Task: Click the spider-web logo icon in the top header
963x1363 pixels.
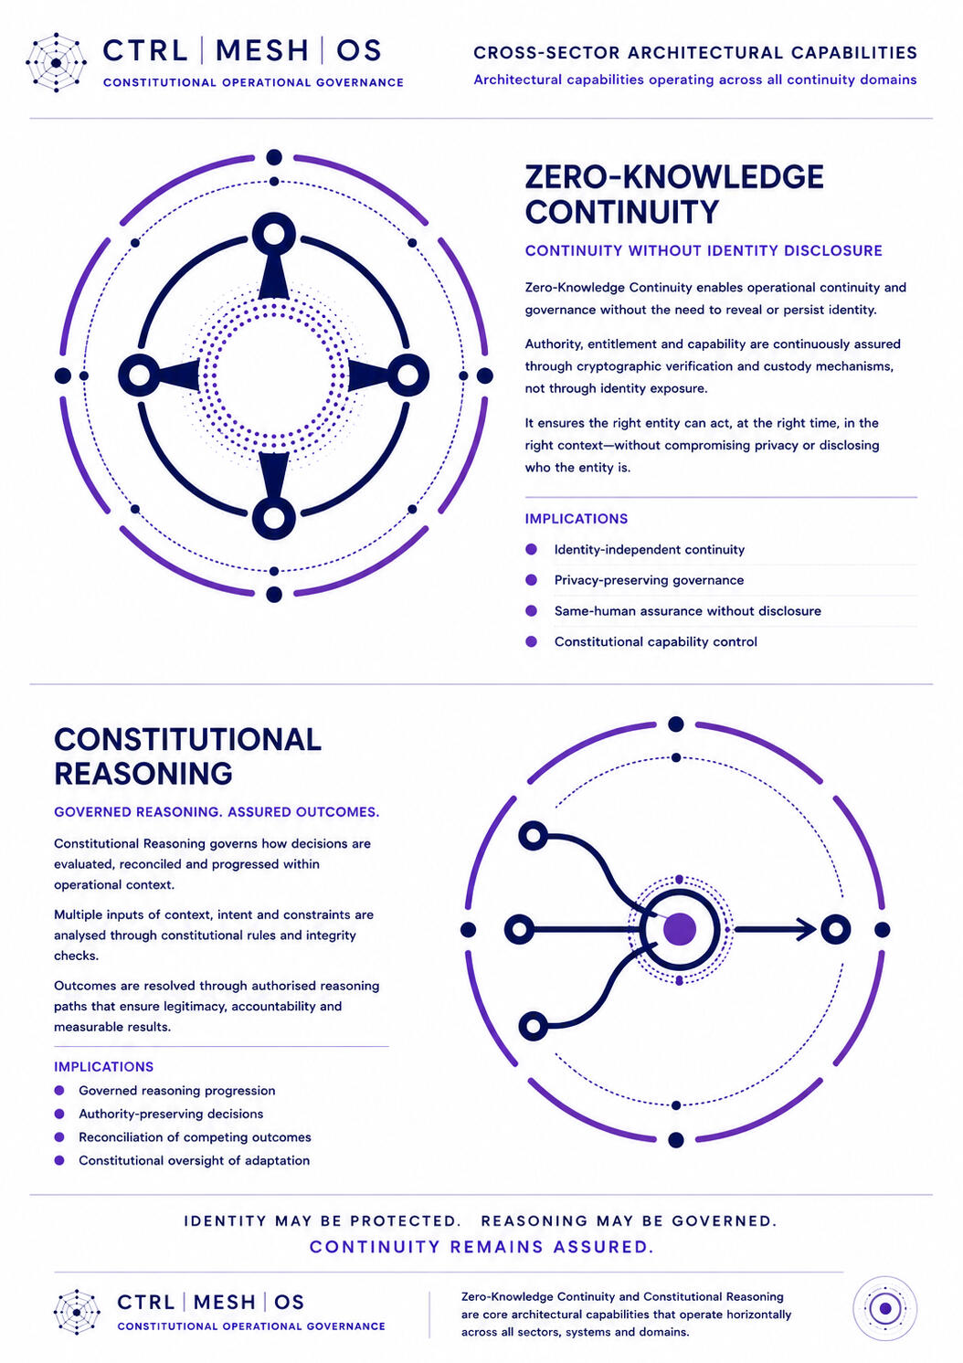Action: pos(56,63)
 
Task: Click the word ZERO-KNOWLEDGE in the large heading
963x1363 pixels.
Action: pos(674,177)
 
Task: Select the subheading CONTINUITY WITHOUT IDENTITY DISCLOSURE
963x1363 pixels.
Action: pos(704,250)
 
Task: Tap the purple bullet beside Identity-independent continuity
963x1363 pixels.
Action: pos(531,549)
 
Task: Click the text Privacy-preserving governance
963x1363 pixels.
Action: pos(649,580)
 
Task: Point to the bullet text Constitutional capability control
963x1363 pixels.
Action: pos(656,642)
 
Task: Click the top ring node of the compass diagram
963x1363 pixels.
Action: pos(274,234)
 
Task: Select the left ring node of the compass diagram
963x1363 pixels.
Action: pos(140,375)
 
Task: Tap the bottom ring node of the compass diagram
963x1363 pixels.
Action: pos(274,518)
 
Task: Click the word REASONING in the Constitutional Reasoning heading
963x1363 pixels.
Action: pos(143,774)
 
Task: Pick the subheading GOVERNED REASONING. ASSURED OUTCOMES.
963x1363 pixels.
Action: pos(217,812)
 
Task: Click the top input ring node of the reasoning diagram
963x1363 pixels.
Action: pos(534,836)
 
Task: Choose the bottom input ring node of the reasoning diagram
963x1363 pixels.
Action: pos(534,1026)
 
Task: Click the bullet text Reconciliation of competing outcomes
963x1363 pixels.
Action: pos(195,1137)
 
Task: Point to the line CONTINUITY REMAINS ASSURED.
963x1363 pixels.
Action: pos(481,1247)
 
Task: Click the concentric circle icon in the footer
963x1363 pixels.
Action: pos(885,1308)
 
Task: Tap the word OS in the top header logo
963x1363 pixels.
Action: pos(359,50)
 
